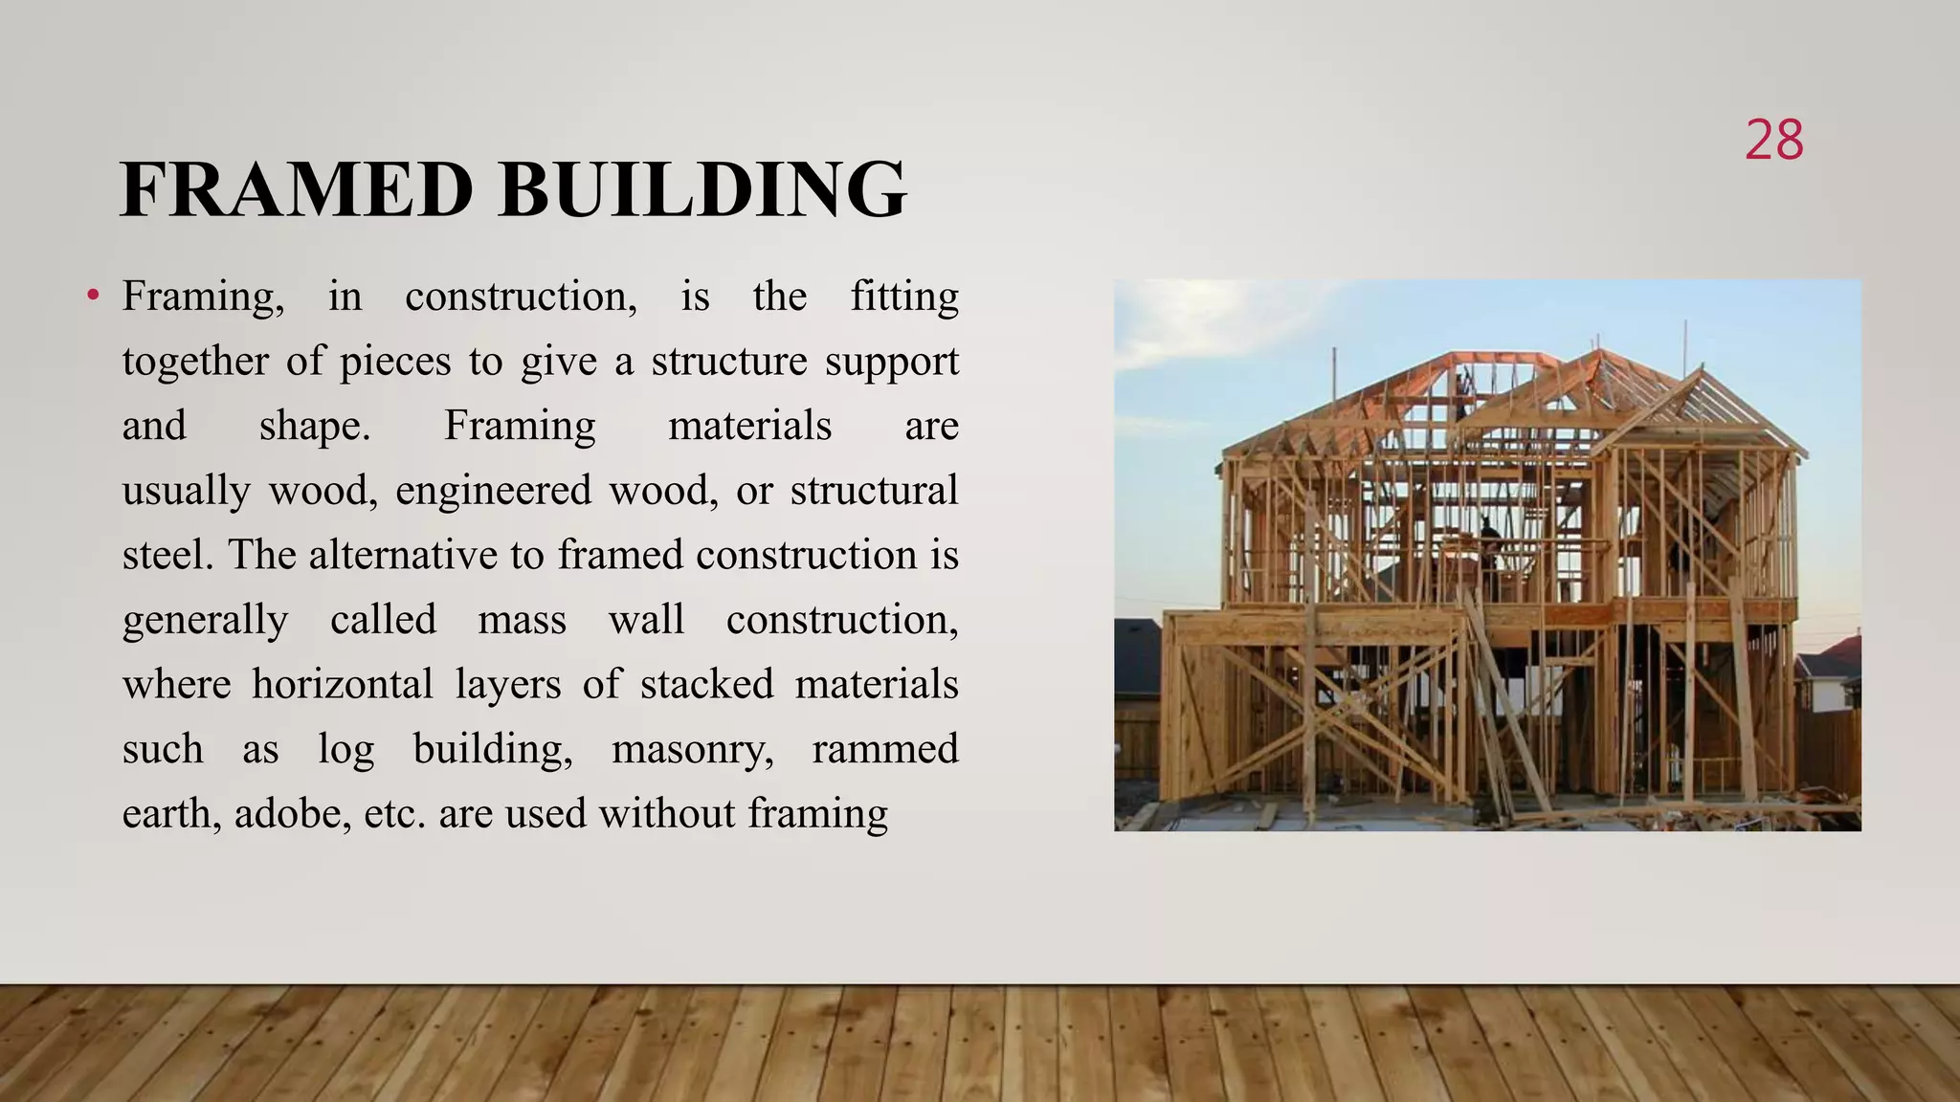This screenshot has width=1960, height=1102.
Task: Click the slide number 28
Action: pyautogui.click(x=1773, y=141)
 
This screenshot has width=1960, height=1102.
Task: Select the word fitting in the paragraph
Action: pyautogui.click(x=904, y=298)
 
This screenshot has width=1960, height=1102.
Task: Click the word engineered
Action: pyautogui.click(x=493, y=492)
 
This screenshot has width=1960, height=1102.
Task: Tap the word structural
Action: pyautogui.click(x=874, y=490)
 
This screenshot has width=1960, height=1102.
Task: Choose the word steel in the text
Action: pyautogui.click(x=167, y=555)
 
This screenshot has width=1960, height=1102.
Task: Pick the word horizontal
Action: pyautogui.click(x=343, y=685)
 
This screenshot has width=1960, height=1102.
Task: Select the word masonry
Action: pyautogui.click(x=692, y=750)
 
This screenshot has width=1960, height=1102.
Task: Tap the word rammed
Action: pyautogui.click(x=885, y=749)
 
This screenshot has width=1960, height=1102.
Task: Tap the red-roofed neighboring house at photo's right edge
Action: pyautogui.click(x=1834, y=670)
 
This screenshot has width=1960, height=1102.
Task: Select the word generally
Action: pyautogui.click(x=205, y=621)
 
